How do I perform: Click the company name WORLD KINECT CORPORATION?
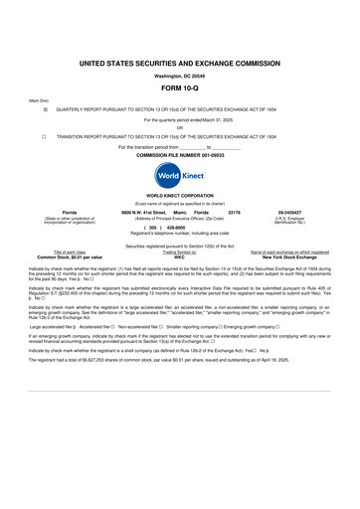[180, 199]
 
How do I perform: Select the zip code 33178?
[235, 214]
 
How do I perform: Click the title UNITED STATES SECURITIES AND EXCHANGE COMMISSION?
[180, 63]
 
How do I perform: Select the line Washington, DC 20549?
[180, 77]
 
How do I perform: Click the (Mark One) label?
[38, 101]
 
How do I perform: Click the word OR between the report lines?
[179, 127]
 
